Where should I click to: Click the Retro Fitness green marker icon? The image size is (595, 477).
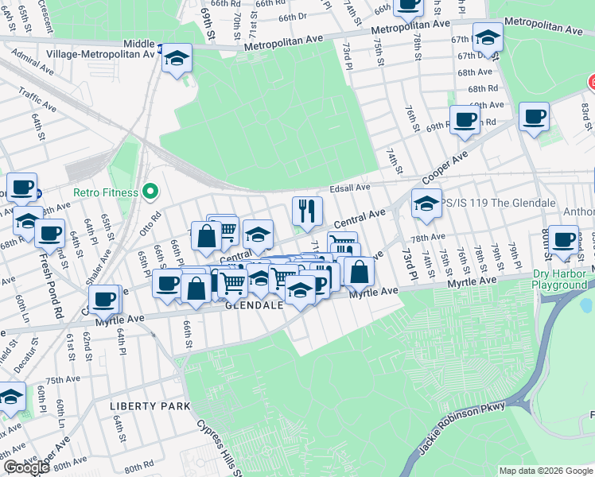coord(149,192)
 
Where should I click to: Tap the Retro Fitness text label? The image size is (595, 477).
coord(106,192)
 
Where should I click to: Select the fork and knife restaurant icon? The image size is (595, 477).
coord(306,211)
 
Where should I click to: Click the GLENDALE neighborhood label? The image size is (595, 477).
coord(254,305)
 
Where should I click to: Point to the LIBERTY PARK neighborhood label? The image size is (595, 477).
coord(150,406)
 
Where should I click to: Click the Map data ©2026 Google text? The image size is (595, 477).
coord(546,471)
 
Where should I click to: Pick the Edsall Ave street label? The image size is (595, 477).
coord(351,188)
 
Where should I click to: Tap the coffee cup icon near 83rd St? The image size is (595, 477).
coord(534,117)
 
